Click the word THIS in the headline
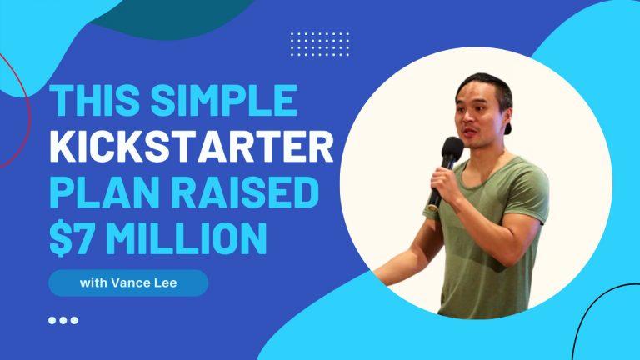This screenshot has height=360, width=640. tap(96, 100)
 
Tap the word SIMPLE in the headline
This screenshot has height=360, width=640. tap(224, 100)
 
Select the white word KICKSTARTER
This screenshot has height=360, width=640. tap(192, 146)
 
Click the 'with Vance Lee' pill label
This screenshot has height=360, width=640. tap(128, 282)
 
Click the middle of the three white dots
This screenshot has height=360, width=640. tap(62, 320)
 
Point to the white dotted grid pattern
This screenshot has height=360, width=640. tap(320, 44)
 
